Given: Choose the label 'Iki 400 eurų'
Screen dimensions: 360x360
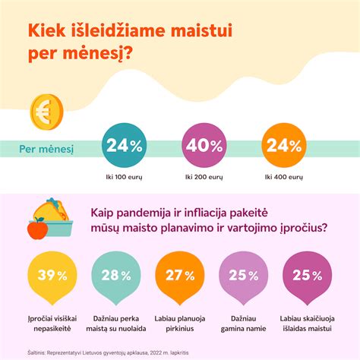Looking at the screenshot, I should pyautogui.click(x=283, y=176).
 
